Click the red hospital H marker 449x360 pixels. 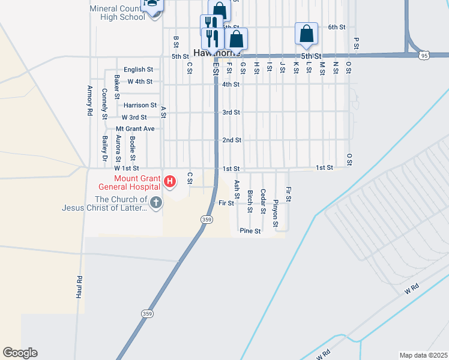[170, 181]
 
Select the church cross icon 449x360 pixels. [155, 202]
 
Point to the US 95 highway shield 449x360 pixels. [424, 55]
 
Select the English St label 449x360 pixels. [138, 70]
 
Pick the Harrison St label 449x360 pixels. [140, 105]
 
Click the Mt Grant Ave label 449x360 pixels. [135, 128]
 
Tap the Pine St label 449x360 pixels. [250, 230]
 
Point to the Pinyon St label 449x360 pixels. [276, 214]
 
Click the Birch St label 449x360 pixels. [250, 202]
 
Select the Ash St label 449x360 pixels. [237, 189]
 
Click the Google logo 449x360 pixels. [20, 353]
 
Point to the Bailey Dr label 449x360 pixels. [104, 148]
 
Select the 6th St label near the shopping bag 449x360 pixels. [337, 27]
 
